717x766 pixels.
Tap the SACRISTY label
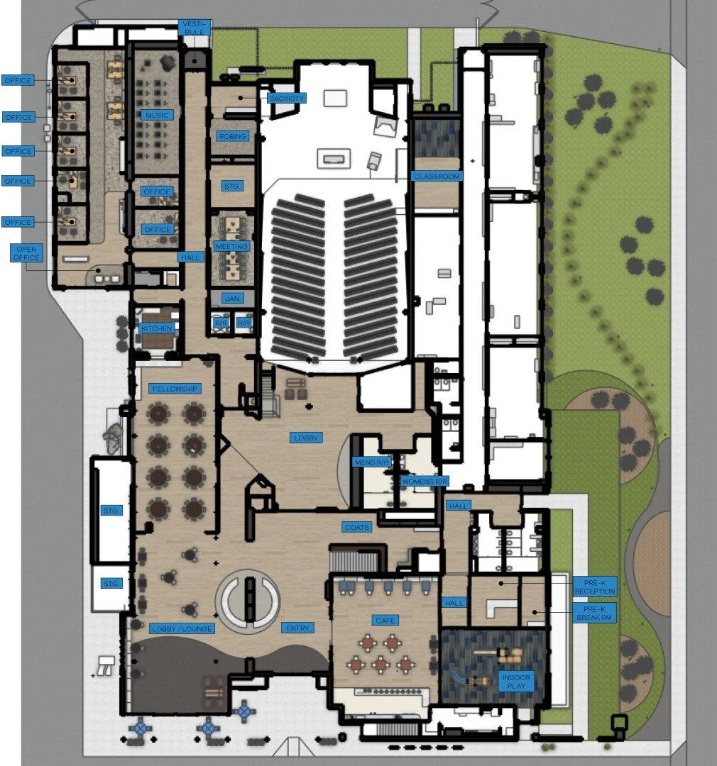(287, 98)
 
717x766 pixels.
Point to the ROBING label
(234, 136)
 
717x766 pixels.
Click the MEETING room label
(231, 246)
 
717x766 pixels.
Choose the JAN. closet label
(231, 298)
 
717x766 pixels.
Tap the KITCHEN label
(157, 328)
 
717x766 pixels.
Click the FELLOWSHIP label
(174, 389)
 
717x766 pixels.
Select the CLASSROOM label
(437, 176)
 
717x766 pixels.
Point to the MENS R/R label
(371, 462)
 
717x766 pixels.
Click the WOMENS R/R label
(425, 482)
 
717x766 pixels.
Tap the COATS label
(356, 527)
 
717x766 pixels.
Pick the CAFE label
(385, 621)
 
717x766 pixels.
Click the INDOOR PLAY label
(516, 681)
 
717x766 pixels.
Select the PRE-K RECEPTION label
(595, 586)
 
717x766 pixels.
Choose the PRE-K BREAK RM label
(595, 613)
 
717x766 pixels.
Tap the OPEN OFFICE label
(26, 253)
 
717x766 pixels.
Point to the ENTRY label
(297, 628)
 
